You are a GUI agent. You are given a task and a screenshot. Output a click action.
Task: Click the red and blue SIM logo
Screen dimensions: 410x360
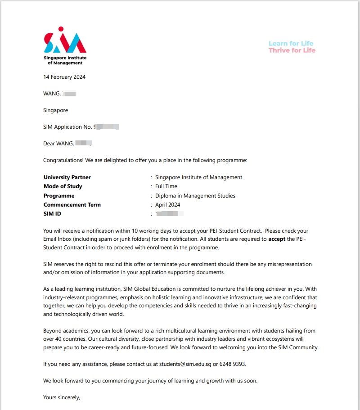click(x=65, y=43)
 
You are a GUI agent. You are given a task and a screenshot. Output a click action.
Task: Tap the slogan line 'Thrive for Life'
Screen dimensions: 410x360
click(x=292, y=50)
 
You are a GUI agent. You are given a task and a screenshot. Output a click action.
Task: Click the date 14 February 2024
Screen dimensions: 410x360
click(x=64, y=77)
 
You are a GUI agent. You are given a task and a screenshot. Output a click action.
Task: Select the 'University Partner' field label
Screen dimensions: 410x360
click(x=67, y=177)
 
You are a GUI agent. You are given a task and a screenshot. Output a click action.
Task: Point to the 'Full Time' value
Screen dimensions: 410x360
click(x=166, y=186)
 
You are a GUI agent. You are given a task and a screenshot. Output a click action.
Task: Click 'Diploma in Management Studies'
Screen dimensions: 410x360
click(x=195, y=196)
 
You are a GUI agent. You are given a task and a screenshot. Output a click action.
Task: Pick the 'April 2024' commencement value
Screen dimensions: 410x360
click(x=167, y=205)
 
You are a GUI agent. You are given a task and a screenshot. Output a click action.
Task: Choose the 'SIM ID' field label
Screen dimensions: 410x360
click(x=52, y=214)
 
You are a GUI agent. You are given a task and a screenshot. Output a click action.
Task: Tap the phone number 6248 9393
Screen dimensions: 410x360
click(x=233, y=364)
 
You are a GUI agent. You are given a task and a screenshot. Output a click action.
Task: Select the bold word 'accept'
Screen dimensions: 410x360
click(x=277, y=239)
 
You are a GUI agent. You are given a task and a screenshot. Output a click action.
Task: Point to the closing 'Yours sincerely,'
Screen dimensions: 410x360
click(x=62, y=397)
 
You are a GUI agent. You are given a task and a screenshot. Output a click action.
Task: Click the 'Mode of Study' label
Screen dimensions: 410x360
click(x=63, y=186)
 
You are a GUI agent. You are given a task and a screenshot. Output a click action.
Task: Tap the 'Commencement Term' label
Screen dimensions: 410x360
click(x=72, y=205)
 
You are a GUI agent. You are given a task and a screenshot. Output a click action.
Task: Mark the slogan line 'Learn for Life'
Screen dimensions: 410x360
click(x=291, y=44)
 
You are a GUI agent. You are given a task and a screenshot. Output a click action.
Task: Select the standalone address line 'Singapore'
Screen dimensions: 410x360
click(x=56, y=110)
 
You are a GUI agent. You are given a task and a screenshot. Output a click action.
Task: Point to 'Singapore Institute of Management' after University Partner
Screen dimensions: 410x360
click(x=198, y=177)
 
